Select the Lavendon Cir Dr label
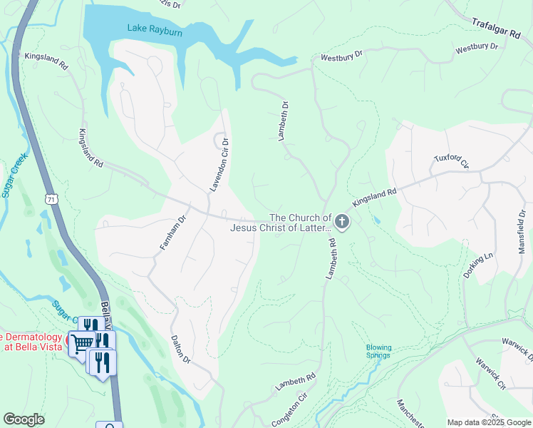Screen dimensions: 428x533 (218, 165)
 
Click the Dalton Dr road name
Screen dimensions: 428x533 (181, 350)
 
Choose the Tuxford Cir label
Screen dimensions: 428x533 (452, 162)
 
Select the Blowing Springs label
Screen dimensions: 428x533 (378, 351)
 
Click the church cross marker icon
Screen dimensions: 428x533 (342, 223)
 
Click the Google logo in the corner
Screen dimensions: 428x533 (24, 419)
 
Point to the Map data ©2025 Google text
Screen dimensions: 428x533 (488, 422)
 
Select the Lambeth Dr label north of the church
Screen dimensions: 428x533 (284, 121)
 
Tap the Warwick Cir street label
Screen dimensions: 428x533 (491, 374)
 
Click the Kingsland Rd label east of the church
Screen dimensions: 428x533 (374, 198)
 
